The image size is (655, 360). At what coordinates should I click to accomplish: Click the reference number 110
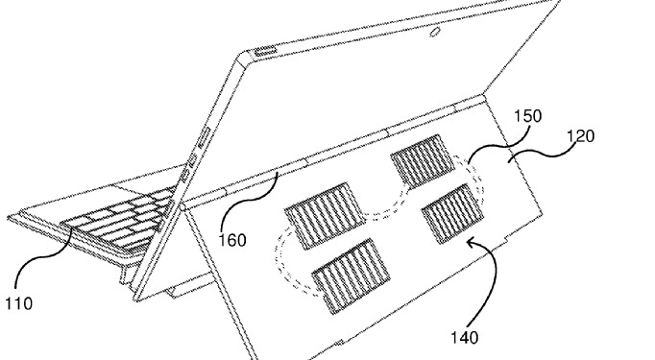[x=19, y=303]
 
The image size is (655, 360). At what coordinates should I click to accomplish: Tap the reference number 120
[x=580, y=136]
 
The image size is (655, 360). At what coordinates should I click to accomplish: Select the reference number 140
[x=464, y=337]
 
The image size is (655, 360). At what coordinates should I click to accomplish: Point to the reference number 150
[x=528, y=116]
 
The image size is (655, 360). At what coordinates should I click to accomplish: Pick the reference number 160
[x=232, y=240]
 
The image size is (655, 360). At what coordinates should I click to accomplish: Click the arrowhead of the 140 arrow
[x=472, y=242]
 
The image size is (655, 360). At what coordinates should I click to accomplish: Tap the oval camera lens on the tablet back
[x=435, y=32]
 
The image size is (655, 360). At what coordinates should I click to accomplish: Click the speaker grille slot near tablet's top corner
[x=266, y=51]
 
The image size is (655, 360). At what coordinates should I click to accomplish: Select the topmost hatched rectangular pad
[x=423, y=160]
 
